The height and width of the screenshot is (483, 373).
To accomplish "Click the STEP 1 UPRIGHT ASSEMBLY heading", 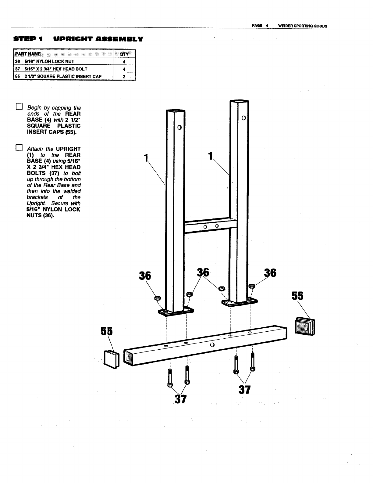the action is click(78, 39).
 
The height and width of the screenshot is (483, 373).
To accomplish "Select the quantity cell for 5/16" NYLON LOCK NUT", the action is click(124, 61).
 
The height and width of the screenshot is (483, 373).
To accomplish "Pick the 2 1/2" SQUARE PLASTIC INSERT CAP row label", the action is click(63, 76).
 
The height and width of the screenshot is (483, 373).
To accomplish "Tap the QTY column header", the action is click(124, 54).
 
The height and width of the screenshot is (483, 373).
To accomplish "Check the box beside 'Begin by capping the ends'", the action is click(19, 107).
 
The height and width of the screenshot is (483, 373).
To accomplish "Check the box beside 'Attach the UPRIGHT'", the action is click(19, 148).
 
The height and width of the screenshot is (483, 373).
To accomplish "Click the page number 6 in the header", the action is click(267, 26).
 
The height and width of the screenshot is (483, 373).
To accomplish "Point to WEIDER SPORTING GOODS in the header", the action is click(303, 26).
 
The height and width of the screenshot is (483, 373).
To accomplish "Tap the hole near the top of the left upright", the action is click(179, 127).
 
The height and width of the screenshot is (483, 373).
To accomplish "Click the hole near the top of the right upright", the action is click(243, 117).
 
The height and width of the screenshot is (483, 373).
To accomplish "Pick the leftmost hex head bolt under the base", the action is click(170, 378).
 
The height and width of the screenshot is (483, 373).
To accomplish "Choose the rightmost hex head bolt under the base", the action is click(252, 362).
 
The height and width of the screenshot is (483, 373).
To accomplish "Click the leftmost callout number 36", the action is click(145, 276).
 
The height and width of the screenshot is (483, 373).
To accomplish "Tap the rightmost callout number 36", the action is click(270, 273).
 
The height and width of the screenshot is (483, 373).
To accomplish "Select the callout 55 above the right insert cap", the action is click(297, 296).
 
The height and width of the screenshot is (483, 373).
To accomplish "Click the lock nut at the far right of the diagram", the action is click(252, 286).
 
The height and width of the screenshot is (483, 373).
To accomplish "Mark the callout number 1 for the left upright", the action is click(146, 157).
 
